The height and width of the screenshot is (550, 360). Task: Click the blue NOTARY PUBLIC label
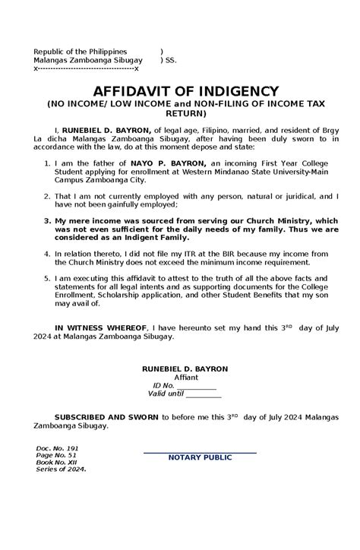click(201, 457)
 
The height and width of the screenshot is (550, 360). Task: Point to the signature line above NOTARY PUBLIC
click(201, 452)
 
